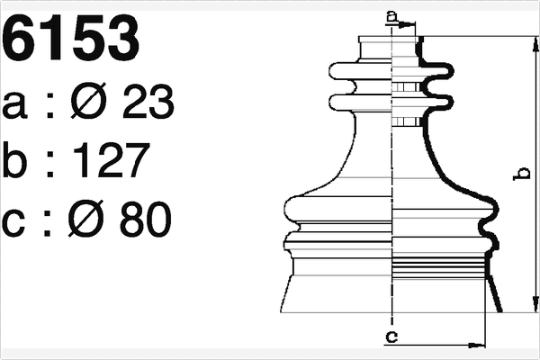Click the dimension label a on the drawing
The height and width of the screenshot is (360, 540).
coord(391,14)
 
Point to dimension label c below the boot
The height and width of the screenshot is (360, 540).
coord(391,337)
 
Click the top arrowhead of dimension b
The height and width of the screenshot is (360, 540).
coord(536,43)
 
